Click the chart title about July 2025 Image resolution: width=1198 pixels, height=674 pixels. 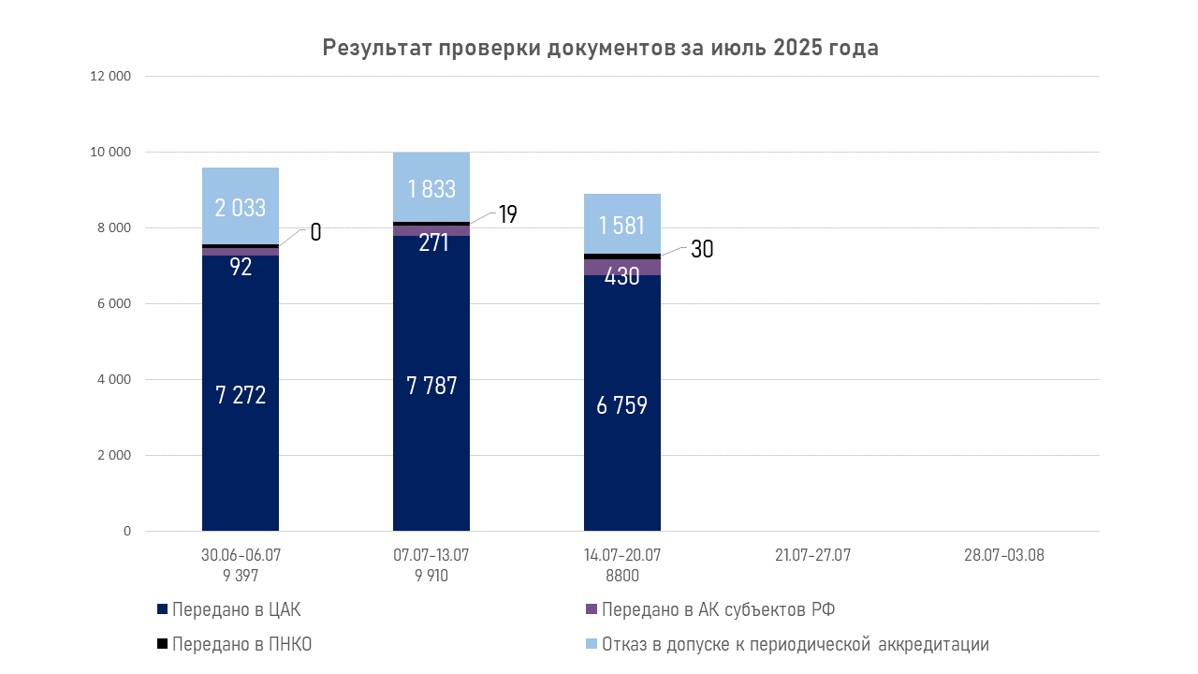point(600,48)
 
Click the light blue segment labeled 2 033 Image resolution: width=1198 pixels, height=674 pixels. point(241,207)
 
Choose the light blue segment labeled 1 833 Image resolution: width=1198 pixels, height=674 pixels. point(431,187)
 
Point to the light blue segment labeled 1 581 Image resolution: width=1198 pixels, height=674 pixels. point(622,225)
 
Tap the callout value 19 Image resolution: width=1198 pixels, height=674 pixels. point(507,214)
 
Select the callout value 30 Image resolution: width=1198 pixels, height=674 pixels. point(702,249)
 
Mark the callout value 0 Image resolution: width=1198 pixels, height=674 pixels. point(315,232)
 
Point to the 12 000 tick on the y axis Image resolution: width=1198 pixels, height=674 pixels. point(110,76)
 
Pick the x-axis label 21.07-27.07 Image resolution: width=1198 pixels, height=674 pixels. point(813,555)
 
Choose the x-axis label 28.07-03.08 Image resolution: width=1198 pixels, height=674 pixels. point(1004,555)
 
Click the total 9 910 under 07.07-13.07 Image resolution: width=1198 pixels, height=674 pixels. point(431,576)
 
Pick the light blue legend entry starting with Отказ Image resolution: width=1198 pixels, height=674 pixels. point(795,644)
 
